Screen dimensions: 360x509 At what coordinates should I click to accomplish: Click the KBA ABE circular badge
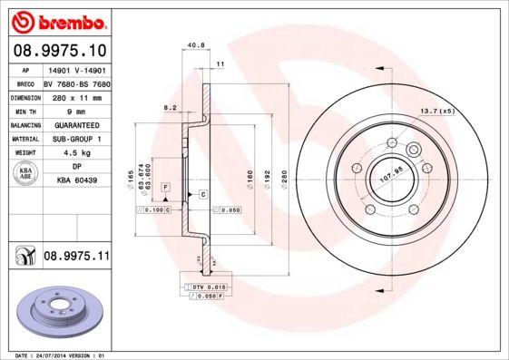tap(24, 173)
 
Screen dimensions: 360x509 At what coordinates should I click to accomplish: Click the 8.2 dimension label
tap(169, 107)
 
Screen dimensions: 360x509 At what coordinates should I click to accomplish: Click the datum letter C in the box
tap(202, 195)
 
